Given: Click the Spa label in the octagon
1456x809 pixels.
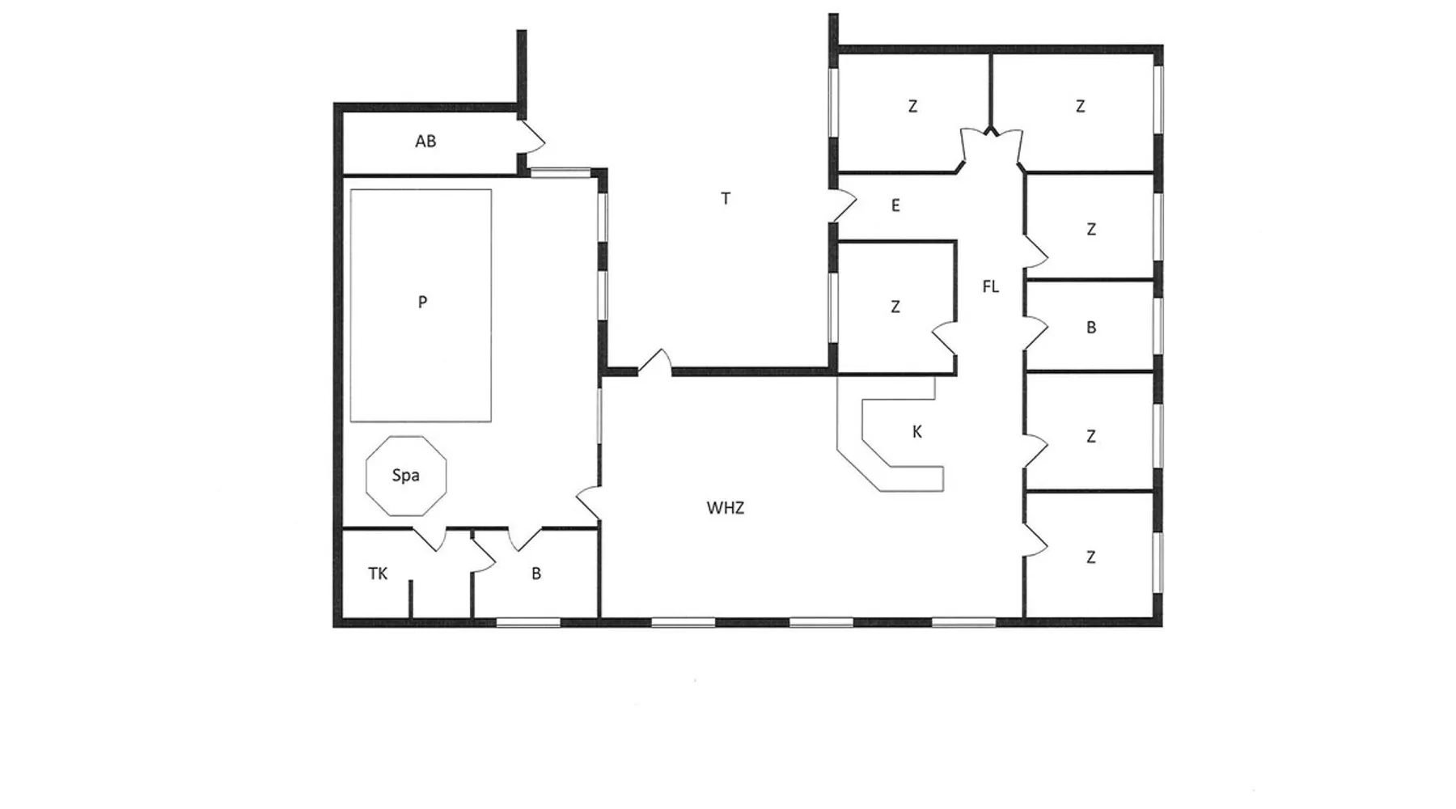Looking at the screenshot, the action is [405, 476].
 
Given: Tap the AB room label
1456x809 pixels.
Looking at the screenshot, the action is [425, 142].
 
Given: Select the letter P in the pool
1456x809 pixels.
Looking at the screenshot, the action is [422, 303].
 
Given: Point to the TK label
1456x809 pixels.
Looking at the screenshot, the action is [378, 574].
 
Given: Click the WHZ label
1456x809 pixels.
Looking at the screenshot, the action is [726, 508].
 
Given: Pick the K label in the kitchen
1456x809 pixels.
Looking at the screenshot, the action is [917, 432].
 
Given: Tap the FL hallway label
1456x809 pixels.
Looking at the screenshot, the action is [991, 286].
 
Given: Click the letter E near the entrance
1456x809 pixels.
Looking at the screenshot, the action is [895, 205].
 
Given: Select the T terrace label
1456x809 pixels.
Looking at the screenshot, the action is [726, 198].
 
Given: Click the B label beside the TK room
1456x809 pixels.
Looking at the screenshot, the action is [536, 574].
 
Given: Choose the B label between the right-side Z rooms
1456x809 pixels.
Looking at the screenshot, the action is [1091, 328].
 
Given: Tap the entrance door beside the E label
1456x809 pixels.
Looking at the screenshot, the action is [843, 206].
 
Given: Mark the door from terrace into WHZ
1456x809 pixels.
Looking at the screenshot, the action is [655, 363].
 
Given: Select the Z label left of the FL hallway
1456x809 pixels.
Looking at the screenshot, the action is [895, 307].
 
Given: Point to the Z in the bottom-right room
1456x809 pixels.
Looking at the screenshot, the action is [1091, 557].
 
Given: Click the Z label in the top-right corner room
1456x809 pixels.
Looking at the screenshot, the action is [1081, 106].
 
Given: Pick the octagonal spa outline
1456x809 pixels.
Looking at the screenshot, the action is [366, 476].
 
